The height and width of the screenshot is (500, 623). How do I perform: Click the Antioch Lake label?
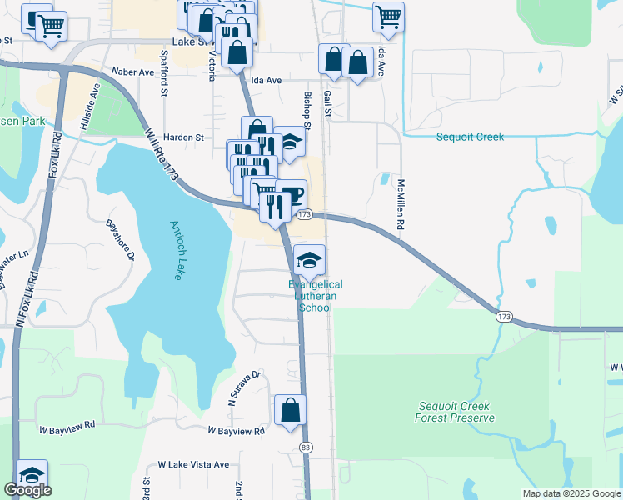click(181, 250)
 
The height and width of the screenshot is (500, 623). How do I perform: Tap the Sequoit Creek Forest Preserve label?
click(454, 412)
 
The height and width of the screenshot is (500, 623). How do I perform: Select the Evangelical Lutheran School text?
click(316, 296)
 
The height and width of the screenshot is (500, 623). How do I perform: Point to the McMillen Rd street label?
click(401, 204)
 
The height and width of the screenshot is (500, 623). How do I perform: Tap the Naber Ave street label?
click(134, 72)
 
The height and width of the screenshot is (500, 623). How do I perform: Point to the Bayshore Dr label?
click(120, 240)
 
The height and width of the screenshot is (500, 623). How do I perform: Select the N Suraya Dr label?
click(246, 388)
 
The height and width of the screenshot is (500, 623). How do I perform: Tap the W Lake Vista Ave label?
click(192, 464)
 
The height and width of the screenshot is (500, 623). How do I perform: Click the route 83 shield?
click(306, 447)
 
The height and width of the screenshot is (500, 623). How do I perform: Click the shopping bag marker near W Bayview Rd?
click(290, 410)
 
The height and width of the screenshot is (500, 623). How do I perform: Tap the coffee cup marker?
click(292, 195)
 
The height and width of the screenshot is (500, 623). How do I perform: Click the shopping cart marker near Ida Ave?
click(388, 17)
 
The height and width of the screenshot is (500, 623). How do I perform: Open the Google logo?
click(27, 490)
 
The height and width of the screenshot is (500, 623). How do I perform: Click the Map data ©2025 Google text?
click(571, 493)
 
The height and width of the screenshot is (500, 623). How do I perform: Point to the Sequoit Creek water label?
click(471, 137)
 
